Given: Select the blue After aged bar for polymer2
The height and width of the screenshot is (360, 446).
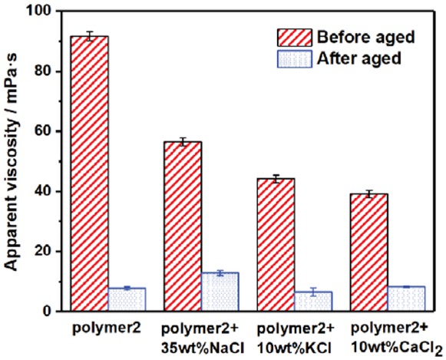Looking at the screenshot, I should point(127,299).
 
